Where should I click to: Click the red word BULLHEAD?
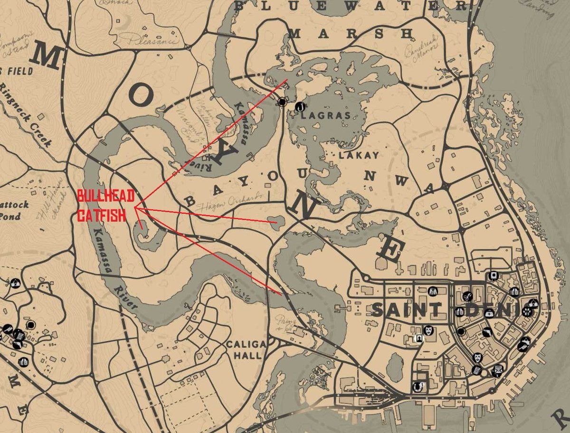click(x=106, y=196)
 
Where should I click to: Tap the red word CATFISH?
click(x=102, y=215)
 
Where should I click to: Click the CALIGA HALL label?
click(x=243, y=349)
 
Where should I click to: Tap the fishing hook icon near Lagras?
click(x=300, y=107)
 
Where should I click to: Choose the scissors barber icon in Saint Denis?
click(x=467, y=296)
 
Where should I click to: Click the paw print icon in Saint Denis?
click(x=527, y=311)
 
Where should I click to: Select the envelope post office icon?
click(x=497, y=370)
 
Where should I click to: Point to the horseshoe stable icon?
click(x=418, y=386)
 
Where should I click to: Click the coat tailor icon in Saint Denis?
click(x=433, y=291)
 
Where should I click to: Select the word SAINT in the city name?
click(x=408, y=310)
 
